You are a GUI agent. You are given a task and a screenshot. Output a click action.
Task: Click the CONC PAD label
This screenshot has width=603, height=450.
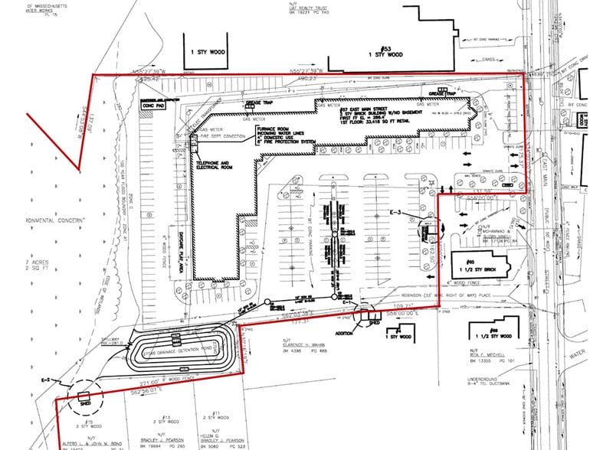(x=155, y=108)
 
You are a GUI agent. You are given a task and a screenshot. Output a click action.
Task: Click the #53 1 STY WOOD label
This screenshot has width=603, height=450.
(x=385, y=51)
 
